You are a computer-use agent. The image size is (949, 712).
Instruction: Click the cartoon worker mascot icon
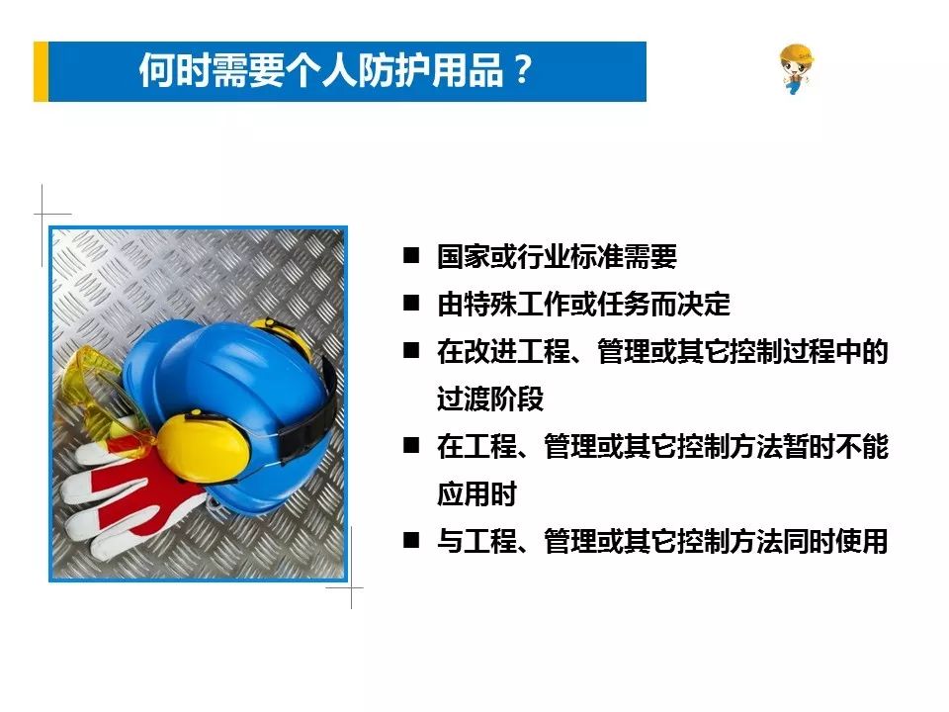coord(796,69)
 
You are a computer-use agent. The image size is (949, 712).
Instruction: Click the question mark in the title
coord(521,71)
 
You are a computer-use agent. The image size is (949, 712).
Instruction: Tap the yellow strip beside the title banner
coord(41,71)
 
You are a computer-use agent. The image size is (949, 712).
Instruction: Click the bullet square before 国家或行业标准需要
coord(411,255)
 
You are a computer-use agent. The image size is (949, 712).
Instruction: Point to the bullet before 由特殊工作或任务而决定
coord(411,303)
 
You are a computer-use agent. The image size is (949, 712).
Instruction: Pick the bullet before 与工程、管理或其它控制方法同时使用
coord(411,540)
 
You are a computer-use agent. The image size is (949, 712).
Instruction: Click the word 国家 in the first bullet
coord(463,256)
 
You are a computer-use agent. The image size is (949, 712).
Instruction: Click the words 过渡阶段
coord(490,399)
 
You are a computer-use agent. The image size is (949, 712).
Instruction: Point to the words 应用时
coord(476,493)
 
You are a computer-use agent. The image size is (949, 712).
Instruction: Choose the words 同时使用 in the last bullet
coord(834,541)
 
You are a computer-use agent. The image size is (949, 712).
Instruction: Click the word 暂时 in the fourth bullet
coord(808,446)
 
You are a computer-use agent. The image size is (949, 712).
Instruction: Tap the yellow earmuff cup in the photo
coord(203,447)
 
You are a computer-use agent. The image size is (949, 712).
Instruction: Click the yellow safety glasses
coord(103,394)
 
